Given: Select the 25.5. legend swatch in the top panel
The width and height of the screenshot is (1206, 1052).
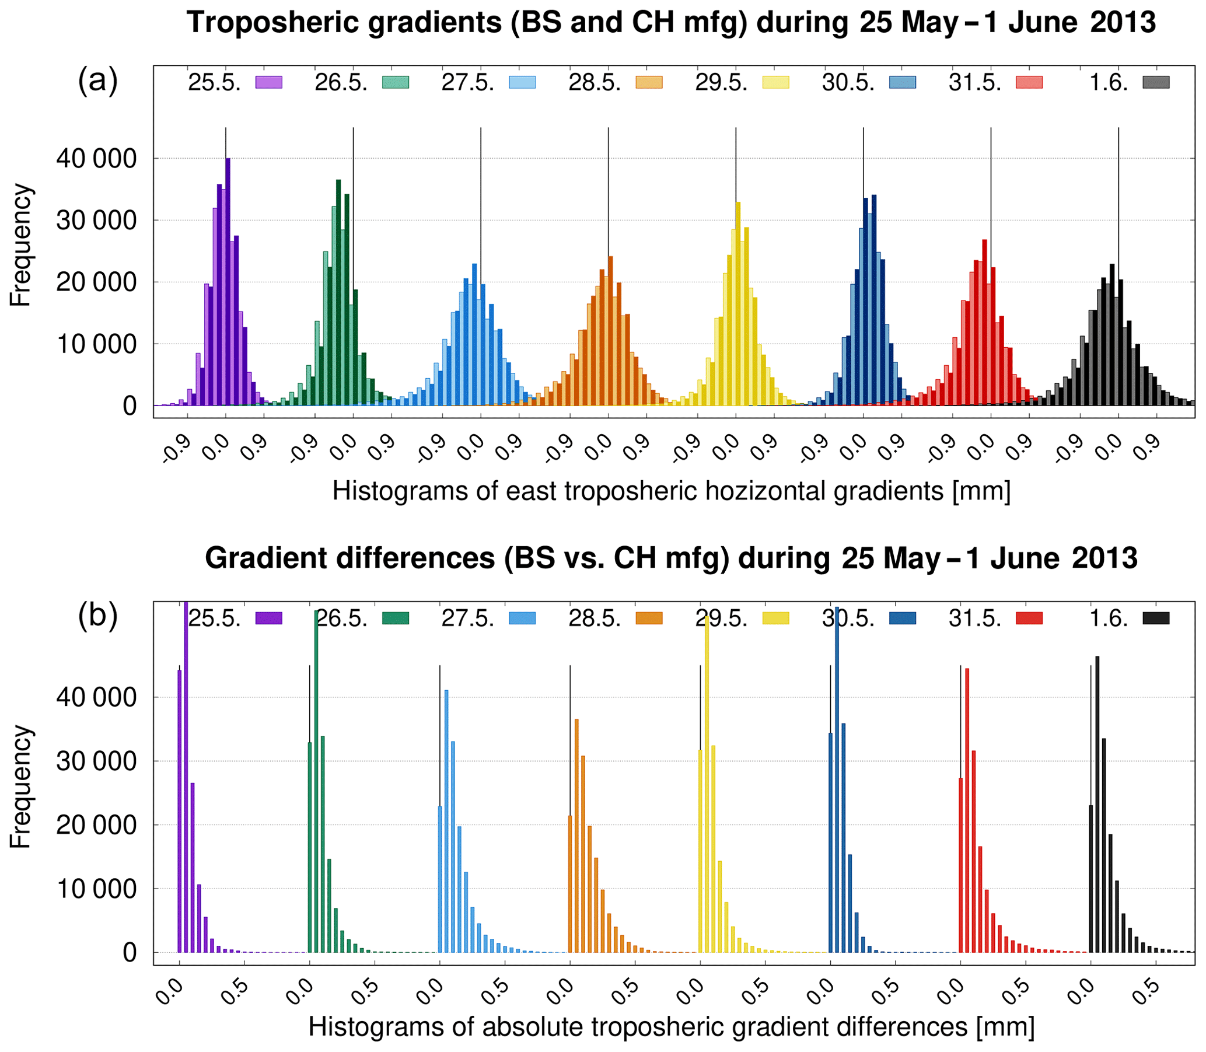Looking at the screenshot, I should pos(269,83).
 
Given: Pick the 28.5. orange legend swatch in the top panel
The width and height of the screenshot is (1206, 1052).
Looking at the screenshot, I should pos(649,83).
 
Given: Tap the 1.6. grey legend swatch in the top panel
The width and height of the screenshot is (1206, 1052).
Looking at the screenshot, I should pos(1156,83).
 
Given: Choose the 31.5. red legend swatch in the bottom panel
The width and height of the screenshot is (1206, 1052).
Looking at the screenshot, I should pos(1029,618).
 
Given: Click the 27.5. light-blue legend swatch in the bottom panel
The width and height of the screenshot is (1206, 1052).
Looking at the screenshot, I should pos(522,618).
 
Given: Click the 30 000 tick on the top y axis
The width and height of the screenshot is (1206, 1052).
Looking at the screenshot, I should pos(96,221).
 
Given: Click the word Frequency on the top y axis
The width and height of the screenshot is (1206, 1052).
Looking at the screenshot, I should pos(21,245).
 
